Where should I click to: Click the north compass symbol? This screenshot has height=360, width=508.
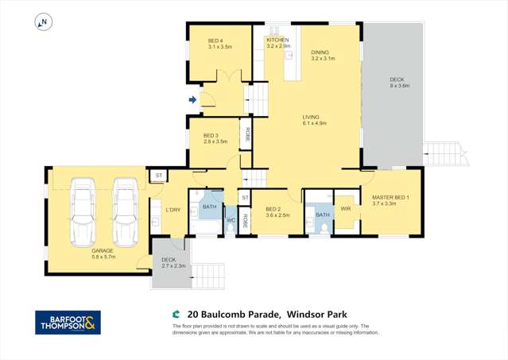click(43, 22)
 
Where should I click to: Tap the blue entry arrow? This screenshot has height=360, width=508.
click(192, 99)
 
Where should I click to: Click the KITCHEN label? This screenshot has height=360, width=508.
click(277, 40)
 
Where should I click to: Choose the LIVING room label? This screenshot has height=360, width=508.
click(315, 116)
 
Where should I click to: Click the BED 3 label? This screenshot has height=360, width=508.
click(211, 135)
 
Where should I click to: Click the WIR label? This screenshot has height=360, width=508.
click(346, 208)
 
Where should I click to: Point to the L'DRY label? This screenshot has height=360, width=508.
click(173, 210)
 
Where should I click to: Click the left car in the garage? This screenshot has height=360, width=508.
click(83, 211)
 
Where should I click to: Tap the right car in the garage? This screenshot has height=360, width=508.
click(125, 211)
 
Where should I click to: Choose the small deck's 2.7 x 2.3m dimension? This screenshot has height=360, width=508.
click(173, 266)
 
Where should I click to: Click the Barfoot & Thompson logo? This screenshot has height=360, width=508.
click(68, 322)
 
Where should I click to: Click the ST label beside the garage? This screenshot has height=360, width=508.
click(158, 175)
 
